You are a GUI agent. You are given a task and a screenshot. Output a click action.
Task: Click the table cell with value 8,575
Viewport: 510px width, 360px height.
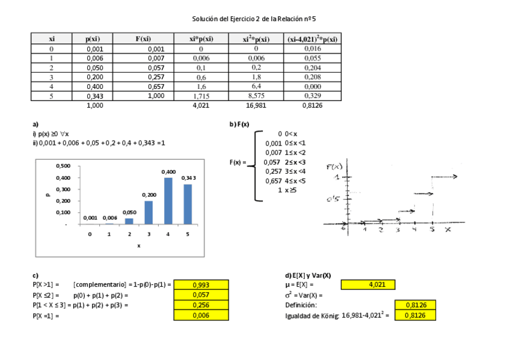(256, 96)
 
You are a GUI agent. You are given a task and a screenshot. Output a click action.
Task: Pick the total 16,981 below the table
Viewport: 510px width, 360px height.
(256, 105)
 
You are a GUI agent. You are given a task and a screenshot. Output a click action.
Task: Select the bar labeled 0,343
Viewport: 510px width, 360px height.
(188, 204)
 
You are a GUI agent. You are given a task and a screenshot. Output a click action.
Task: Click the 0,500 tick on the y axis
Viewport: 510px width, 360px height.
(63, 166)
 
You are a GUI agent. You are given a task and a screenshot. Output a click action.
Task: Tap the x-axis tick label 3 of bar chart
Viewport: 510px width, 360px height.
(149, 234)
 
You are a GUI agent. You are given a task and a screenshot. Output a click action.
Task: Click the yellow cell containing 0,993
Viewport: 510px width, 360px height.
(201, 285)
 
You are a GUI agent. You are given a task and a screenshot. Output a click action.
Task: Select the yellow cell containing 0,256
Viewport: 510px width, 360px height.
(201, 305)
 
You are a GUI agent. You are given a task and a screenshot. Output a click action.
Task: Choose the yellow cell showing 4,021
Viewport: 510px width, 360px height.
(367, 285)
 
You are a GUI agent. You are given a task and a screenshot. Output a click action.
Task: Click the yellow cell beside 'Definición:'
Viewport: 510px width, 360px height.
(413, 305)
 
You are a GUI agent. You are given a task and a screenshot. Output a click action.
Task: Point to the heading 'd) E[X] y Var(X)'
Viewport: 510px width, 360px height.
(308, 275)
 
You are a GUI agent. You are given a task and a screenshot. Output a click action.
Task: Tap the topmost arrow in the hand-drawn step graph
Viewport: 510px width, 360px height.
(445, 177)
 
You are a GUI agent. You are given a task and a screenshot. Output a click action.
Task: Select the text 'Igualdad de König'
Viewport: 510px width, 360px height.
(312, 315)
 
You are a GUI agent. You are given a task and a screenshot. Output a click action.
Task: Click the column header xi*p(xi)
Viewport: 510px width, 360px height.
(201, 39)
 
